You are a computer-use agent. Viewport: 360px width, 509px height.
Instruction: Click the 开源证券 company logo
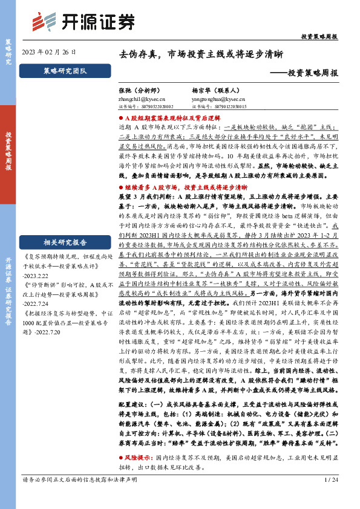pyautogui.click(x=83, y=22)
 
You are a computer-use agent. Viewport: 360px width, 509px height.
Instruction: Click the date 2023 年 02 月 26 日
pyautogui.click(x=48, y=53)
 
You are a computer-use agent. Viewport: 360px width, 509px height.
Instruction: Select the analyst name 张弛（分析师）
pyautogui.click(x=140, y=88)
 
